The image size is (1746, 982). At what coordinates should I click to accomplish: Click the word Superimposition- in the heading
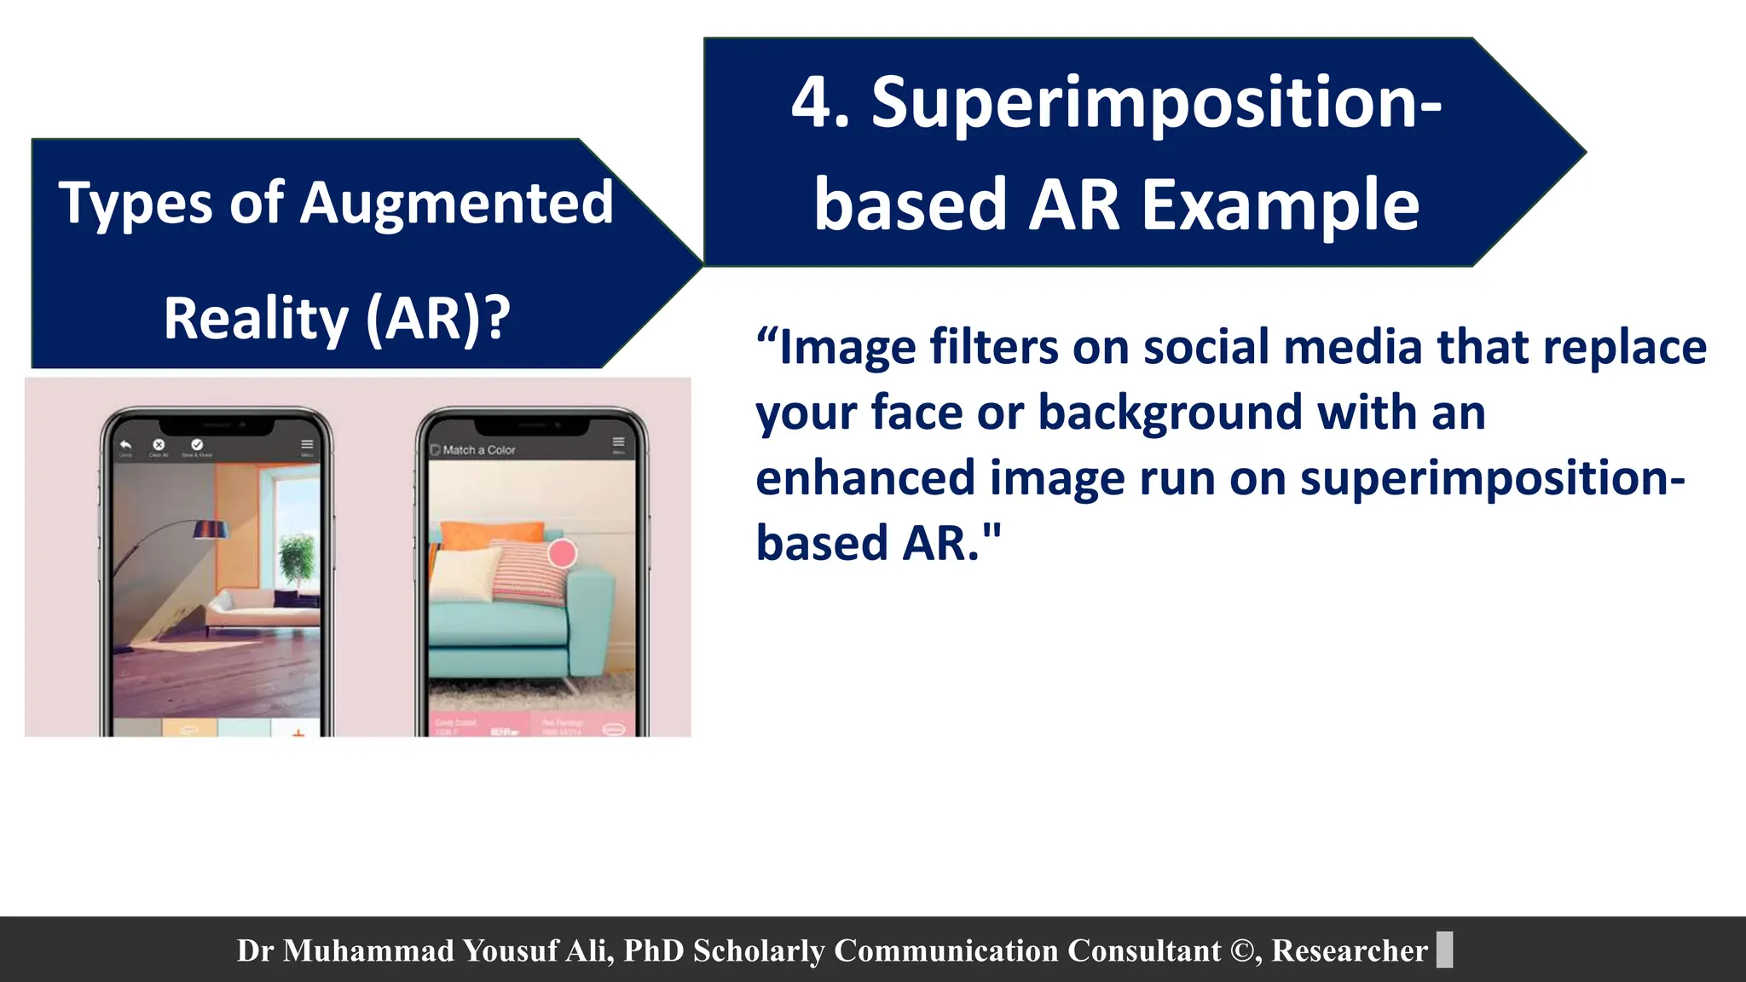[1156, 104]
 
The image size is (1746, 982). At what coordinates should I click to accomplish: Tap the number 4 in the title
[810, 104]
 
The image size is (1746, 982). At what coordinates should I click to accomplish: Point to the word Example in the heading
[1281, 205]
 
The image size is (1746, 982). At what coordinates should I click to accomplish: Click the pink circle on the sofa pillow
[562, 553]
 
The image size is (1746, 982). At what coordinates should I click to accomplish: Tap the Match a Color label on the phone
[478, 449]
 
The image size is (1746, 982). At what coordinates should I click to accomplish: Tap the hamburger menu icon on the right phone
[618, 442]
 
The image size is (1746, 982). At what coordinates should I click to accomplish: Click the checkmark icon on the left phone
[197, 444]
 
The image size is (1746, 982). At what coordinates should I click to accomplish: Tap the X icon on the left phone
[159, 444]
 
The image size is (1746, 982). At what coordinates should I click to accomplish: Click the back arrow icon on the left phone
[126, 444]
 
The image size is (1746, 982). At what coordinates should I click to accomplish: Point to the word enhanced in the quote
[864, 479]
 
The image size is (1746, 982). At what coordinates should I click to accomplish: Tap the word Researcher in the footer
[1349, 950]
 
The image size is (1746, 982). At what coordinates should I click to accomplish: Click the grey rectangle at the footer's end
[1444, 950]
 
